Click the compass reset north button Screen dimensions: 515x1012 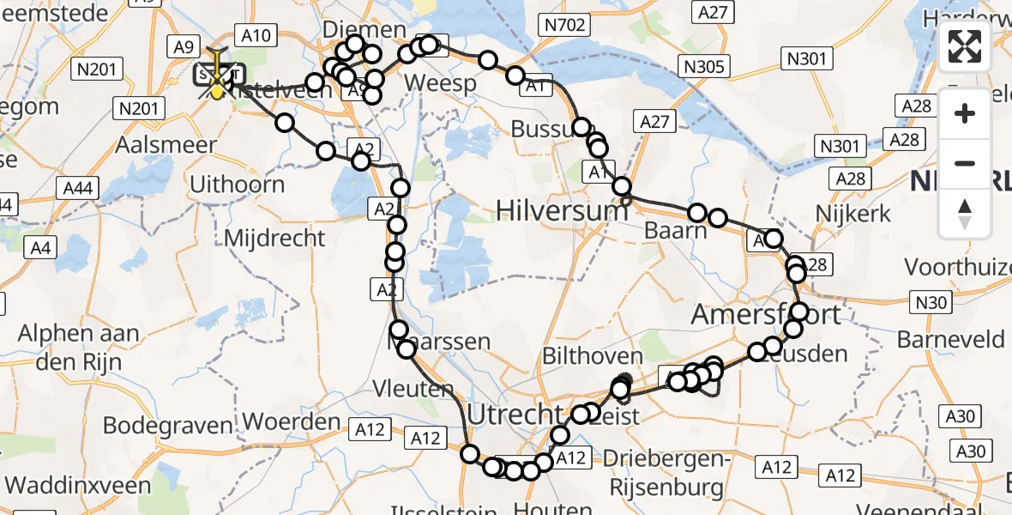(x=965, y=214)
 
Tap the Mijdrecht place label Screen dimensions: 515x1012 (x=274, y=237)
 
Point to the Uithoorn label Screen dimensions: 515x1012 (x=237, y=184)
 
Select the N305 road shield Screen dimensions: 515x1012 (x=704, y=66)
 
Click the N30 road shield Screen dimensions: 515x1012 (x=931, y=302)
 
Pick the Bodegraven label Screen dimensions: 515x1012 (x=167, y=425)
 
